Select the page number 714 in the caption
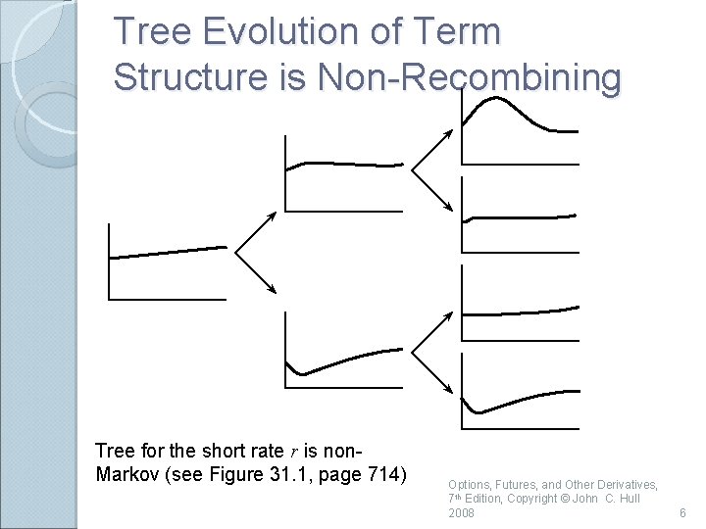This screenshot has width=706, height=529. (x=381, y=476)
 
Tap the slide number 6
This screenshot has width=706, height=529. (x=683, y=513)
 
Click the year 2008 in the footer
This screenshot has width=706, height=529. (x=461, y=513)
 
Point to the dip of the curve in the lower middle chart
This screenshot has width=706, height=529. (x=304, y=373)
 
